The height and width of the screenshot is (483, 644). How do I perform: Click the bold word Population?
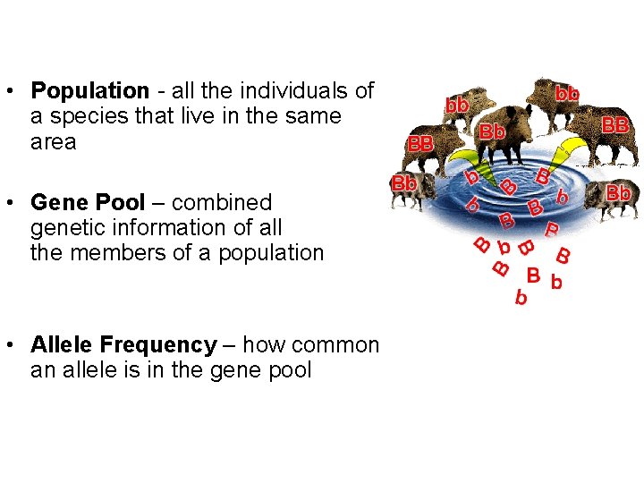point(89,91)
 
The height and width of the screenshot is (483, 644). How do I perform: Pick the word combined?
point(222,203)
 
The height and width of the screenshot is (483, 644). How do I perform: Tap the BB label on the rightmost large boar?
point(615,125)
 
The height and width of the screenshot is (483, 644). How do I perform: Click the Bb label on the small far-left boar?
point(404,183)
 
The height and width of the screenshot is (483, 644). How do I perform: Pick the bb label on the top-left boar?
point(458,106)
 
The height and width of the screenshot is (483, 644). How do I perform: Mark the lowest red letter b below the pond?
point(521,299)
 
